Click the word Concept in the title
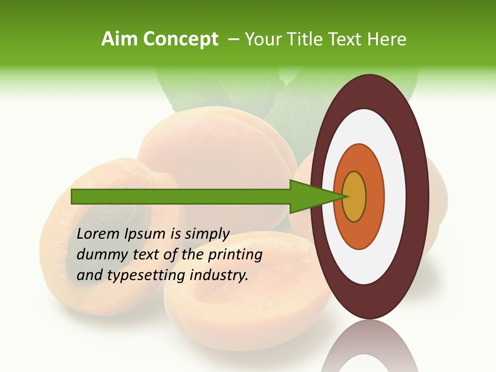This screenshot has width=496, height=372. [x=181, y=39]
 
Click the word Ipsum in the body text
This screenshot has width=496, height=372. [x=146, y=235]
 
